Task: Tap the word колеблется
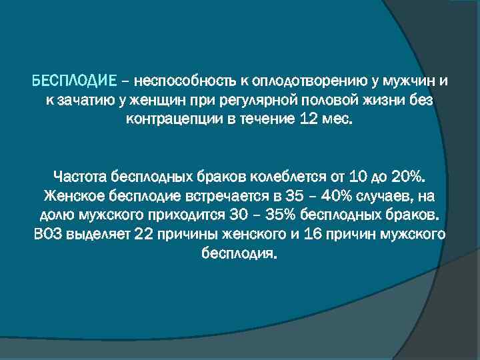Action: [284, 179]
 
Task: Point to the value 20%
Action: [407, 179]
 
